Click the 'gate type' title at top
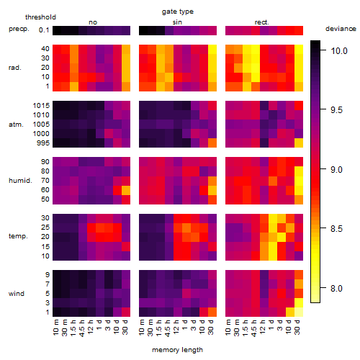178,12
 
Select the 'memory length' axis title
177,350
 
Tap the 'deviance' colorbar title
341,29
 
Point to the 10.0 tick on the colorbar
323,50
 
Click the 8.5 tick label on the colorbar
336,228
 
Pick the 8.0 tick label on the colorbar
336,288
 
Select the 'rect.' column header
262,22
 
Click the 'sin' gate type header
177,22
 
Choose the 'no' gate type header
93,22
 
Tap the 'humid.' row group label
20,181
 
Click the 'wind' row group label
17,294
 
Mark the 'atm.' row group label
16,125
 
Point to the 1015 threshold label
41,106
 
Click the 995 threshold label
43,143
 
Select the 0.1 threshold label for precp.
44,30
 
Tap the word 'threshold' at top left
40,17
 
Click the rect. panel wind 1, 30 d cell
299,312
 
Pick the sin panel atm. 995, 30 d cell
212,143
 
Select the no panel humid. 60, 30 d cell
126,190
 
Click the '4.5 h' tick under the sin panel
168,328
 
